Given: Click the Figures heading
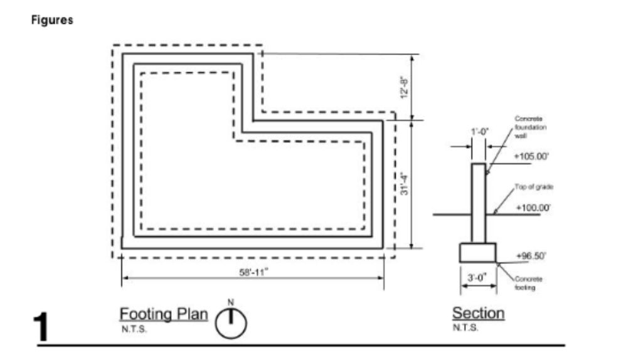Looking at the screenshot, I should coord(52,20).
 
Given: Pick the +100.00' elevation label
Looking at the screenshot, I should coord(533,208).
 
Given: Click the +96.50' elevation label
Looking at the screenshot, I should coord(531,256).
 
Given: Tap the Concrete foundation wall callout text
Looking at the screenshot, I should coord(530,126).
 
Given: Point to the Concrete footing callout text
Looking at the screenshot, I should coord(529,283).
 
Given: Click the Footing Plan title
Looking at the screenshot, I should coord(163,314).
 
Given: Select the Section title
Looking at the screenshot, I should coord(478,312).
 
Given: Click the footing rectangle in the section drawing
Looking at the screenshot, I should coord(478,252).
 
